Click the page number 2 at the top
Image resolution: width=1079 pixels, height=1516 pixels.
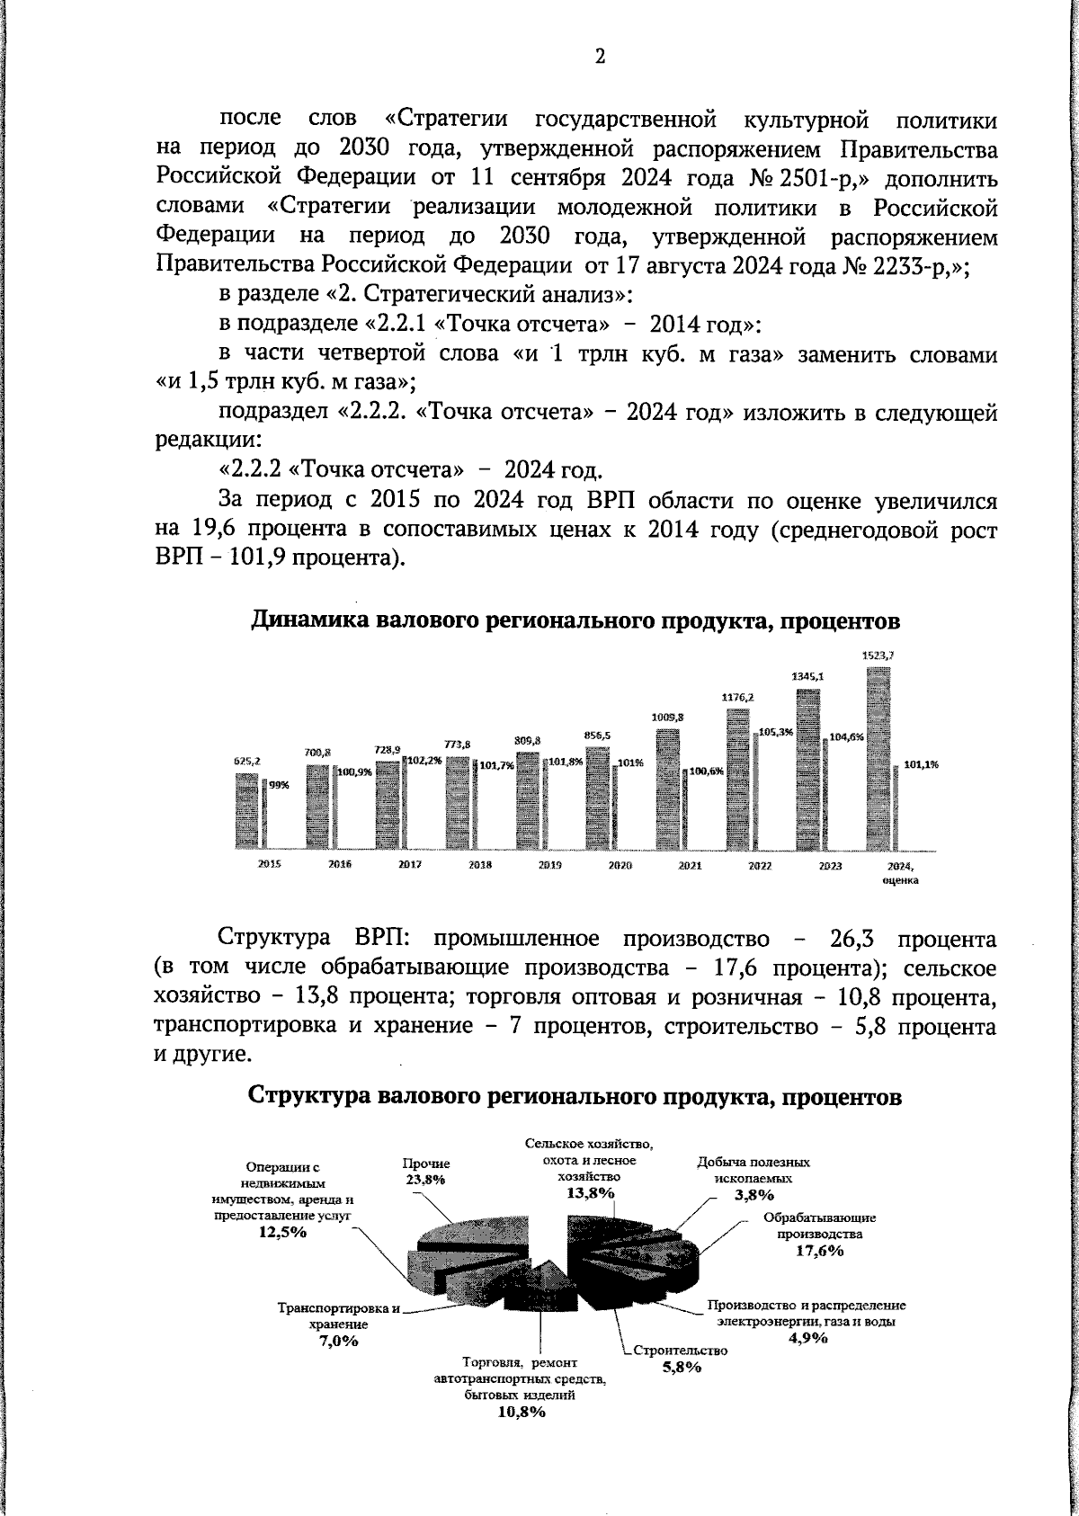tap(600, 57)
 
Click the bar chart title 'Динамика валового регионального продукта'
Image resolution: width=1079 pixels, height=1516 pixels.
tap(575, 621)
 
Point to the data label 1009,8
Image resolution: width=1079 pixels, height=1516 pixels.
tap(668, 717)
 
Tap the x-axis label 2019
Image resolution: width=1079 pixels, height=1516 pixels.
tap(550, 864)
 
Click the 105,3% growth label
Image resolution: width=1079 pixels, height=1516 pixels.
tap(775, 732)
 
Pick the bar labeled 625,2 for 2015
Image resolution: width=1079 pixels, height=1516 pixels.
tap(246, 810)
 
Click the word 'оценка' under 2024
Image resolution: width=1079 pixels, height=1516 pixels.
tap(899, 881)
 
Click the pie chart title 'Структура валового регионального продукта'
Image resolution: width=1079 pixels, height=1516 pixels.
tap(574, 1097)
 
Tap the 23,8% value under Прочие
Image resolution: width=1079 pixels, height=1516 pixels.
tap(425, 1180)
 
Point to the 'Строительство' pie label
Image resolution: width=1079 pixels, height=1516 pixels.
tap(680, 1351)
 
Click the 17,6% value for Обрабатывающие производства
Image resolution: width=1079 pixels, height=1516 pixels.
tap(819, 1251)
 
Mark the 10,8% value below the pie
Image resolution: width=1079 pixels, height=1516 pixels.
tap(522, 1412)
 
